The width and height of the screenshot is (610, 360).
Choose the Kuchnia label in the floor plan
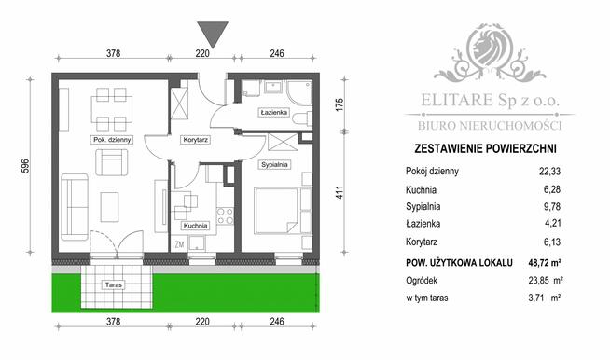[x=194, y=226]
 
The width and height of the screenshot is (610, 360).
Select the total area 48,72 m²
[x=546, y=265]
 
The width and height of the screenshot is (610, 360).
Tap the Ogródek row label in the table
[x=425, y=282]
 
